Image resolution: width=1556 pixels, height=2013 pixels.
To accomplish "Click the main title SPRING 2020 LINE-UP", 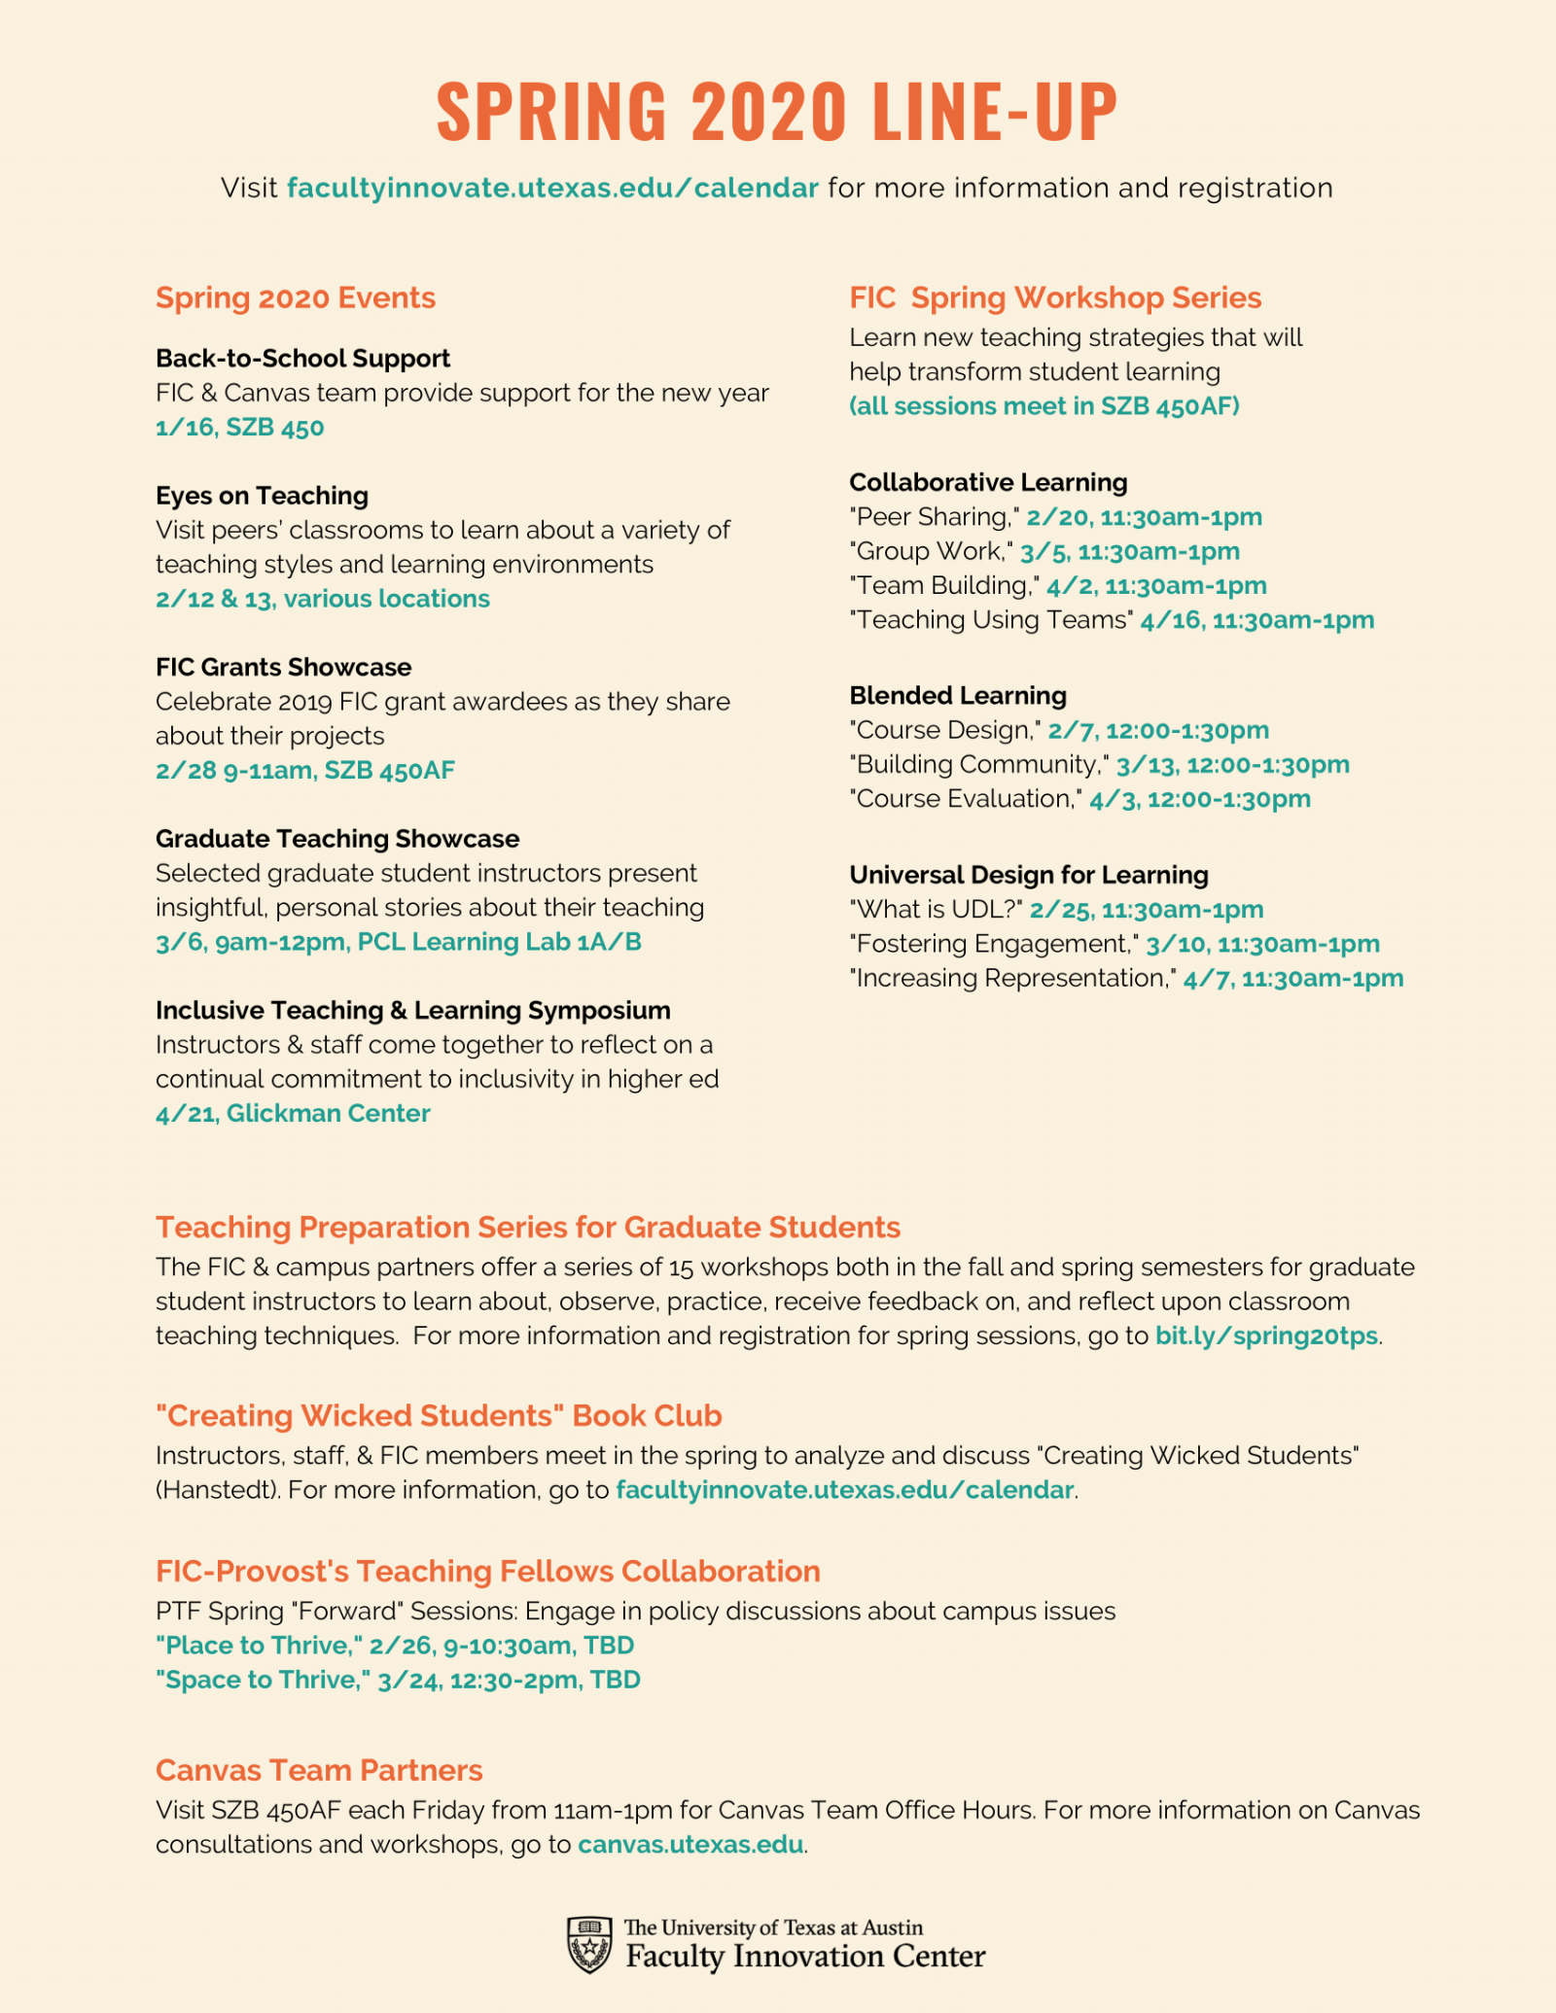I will point(777,111).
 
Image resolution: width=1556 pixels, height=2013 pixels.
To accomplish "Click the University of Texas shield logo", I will point(588,1944).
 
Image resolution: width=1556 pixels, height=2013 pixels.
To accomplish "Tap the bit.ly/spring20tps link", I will point(1266,1336).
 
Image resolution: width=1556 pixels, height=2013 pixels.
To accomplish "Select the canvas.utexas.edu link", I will point(690,1844).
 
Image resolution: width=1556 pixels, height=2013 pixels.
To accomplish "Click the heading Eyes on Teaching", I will point(262,496).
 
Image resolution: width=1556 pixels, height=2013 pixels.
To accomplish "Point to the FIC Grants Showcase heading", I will point(283,667).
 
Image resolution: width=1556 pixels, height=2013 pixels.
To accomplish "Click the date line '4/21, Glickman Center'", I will point(293,1113).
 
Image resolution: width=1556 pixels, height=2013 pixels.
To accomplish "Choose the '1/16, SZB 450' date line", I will point(239,428).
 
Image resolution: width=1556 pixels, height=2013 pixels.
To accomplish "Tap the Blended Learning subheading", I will point(958,695).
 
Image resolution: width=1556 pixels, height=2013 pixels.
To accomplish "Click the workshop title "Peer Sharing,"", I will point(935,517).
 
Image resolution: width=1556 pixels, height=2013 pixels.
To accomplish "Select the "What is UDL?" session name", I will point(936,910).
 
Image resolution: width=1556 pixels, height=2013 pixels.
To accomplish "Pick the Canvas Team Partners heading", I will point(319,1770).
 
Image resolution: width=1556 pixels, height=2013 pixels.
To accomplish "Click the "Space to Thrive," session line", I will point(398,1680).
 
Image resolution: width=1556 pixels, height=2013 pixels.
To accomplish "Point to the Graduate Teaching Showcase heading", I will point(337,839).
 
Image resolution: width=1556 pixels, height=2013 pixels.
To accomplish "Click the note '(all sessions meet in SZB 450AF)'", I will point(1044,406).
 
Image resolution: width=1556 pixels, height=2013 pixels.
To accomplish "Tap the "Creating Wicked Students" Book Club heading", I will point(439,1415).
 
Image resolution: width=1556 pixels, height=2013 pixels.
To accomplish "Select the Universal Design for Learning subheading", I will point(1029,875).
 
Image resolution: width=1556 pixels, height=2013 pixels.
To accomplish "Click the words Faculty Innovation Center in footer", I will point(805,1956).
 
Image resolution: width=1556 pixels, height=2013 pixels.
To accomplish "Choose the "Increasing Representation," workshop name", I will point(1012,978).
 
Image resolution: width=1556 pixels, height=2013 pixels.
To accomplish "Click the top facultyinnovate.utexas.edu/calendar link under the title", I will point(552,188).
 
